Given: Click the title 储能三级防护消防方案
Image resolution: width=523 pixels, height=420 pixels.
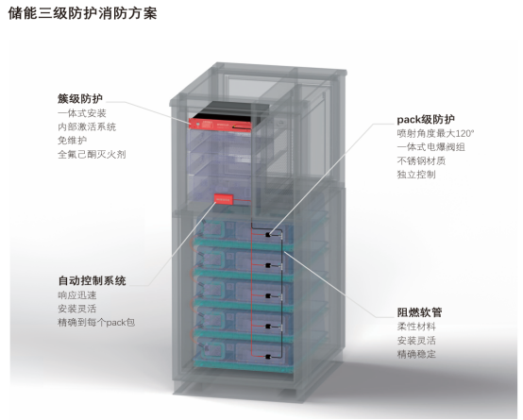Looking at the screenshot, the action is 82,13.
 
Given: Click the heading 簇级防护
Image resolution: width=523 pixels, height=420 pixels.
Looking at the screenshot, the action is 80,99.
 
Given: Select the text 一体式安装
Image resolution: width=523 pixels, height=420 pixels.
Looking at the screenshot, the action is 82,113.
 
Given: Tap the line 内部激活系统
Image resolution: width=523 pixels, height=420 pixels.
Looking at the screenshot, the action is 87,126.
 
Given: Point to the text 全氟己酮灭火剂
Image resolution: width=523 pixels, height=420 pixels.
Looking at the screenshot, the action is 92,154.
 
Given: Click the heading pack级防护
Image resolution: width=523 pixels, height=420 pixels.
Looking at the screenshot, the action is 426,120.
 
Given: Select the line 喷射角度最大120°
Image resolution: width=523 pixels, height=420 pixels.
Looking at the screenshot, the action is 435,133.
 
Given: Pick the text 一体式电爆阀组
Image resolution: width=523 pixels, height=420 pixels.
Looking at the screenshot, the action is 430,147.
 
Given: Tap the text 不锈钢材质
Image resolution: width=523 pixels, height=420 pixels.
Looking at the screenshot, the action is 421,160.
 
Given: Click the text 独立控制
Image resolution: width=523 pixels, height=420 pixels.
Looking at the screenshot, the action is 416,175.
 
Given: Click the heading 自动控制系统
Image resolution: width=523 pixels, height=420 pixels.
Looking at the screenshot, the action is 93,280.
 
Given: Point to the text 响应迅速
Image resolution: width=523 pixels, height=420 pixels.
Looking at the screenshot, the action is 77,295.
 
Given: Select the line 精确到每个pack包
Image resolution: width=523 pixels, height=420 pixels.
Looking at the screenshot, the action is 96,323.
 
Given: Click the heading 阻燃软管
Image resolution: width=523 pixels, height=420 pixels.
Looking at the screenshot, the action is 419,312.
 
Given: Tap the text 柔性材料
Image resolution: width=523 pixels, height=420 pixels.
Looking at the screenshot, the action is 416,327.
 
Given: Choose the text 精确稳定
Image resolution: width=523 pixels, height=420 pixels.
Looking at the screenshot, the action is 416,354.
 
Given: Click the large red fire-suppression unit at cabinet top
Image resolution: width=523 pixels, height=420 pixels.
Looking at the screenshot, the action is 220,125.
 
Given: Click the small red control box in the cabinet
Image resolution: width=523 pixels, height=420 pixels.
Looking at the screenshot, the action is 223,199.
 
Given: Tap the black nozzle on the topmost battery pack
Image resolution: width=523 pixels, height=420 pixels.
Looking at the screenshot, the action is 267,235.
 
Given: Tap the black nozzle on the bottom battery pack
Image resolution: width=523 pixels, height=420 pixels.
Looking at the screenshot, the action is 267,357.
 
